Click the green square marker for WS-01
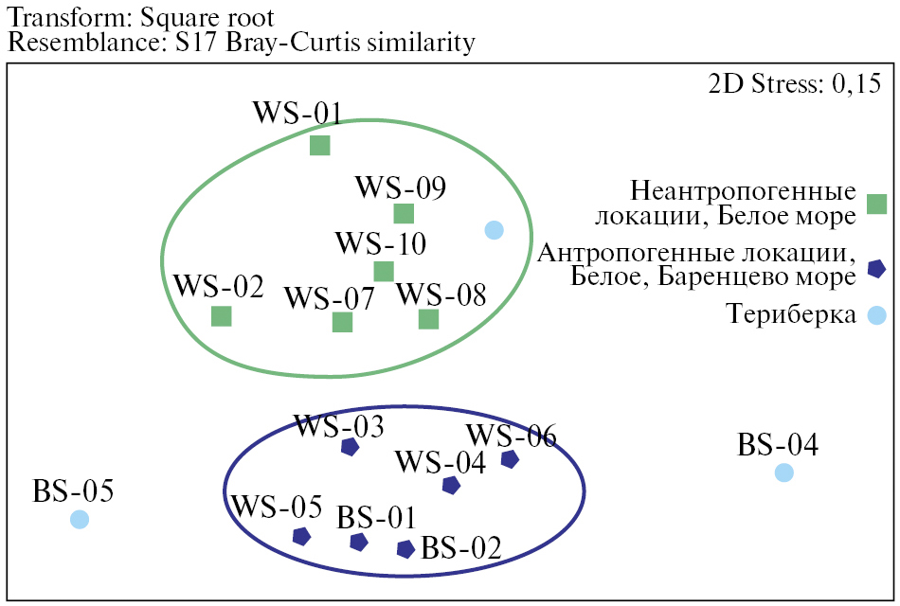(x=320, y=145)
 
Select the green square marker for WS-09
(x=404, y=214)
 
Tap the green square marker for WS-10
(x=384, y=272)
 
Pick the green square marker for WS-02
(x=221, y=315)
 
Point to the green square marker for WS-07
(x=342, y=322)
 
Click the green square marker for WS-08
(x=428, y=319)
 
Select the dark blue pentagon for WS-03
(x=350, y=446)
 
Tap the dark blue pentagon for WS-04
(x=451, y=485)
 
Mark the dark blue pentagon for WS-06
(x=510, y=459)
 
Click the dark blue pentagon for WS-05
(x=301, y=536)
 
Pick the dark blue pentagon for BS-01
(x=358, y=542)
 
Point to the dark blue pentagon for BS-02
(x=405, y=548)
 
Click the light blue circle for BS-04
(x=783, y=472)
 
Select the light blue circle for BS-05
(x=80, y=519)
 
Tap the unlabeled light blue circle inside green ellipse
(x=494, y=229)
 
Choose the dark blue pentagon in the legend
(x=876, y=269)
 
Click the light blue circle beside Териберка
(x=876, y=315)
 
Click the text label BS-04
(x=778, y=443)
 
